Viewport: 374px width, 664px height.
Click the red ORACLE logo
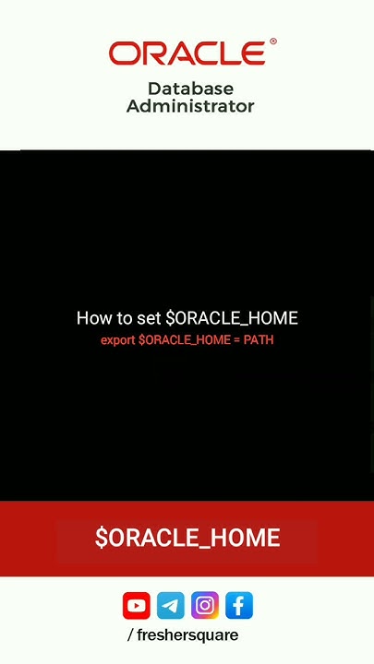pos(187,53)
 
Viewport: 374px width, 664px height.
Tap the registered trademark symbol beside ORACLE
pos(272,42)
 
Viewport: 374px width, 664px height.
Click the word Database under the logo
pos(190,89)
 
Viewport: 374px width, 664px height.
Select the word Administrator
pos(190,106)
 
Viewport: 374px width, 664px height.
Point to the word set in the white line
pos(149,318)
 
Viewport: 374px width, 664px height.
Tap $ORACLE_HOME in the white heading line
pos(232,318)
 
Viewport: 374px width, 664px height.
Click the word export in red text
pos(118,340)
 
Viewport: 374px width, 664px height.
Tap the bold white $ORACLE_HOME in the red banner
pos(187,539)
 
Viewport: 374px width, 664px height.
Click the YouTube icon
pos(136,606)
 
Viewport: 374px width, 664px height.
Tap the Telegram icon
pos(170,606)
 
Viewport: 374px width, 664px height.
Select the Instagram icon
pos(205,606)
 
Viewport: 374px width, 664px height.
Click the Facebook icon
pos(238,606)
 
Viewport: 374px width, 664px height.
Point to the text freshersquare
pos(188,635)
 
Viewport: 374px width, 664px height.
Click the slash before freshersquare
pos(130,635)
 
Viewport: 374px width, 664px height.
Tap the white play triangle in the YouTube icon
pos(137,606)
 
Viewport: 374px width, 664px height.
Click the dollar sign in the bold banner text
pos(101,539)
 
